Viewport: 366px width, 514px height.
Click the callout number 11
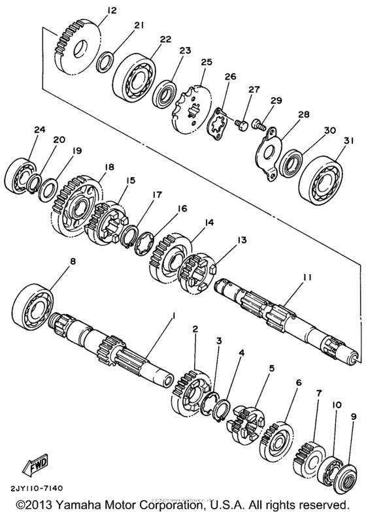(306, 278)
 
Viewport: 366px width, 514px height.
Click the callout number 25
(207, 62)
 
